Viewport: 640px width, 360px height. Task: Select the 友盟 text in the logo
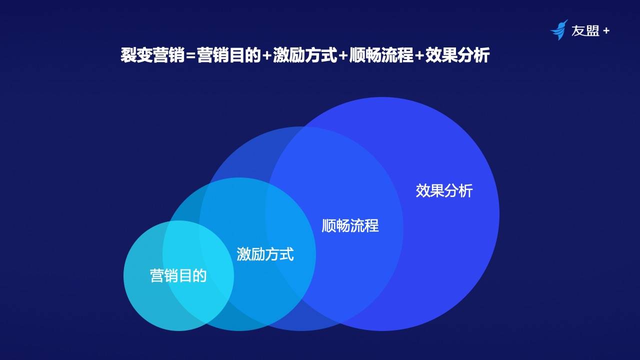[585, 31]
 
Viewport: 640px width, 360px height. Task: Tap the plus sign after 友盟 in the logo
[606, 31]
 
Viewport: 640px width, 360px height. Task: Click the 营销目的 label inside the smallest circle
[178, 275]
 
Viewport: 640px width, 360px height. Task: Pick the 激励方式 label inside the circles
[265, 254]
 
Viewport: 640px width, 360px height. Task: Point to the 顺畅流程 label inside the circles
[350, 225]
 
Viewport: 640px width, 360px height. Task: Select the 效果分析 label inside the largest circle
[444, 190]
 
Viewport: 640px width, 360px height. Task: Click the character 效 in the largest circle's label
[423, 190]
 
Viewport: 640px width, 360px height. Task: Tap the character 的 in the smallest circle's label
[200, 275]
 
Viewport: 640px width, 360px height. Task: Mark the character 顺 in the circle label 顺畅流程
[329, 225]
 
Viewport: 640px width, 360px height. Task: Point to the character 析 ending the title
[480, 55]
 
